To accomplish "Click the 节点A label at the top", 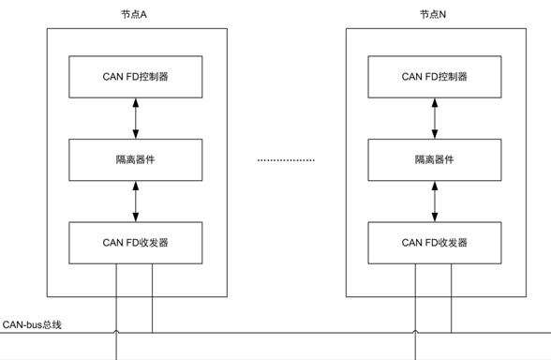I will tap(136, 15).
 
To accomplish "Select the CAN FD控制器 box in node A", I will tap(136, 77).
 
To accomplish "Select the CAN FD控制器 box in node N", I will tap(435, 77).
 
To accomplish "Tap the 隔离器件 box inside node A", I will tap(136, 159).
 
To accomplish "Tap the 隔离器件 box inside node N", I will tap(435, 159).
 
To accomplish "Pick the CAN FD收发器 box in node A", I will tap(136, 242).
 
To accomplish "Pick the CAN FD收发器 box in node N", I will tap(435, 242).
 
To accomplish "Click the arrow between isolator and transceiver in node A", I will tap(136, 201).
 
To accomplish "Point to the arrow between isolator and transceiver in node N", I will tap(435, 201).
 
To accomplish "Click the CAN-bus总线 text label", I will tap(33, 323).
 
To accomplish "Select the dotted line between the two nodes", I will tap(286, 160).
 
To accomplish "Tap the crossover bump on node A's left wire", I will tap(116, 331).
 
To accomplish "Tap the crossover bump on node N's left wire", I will tap(415, 331).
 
